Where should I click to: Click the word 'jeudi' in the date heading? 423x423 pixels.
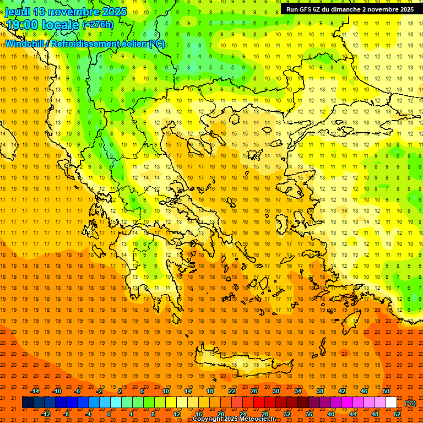[x=18, y=12]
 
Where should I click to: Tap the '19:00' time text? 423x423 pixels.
[x=21, y=25]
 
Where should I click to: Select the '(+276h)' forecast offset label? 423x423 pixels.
[x=98, y=25]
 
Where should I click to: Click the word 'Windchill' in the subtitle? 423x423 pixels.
[x=26, y=44]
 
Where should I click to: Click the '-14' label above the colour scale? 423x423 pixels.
[x=35, y=391]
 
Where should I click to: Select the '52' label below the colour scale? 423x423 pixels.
[x=397, y=414]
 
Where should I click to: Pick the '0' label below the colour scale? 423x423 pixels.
[x=109, y=414]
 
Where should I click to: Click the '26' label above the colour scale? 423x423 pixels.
[x=254, y=391]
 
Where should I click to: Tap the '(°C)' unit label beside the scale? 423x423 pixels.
[x=410, y=403]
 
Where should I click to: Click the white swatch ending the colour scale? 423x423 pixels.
[x=391, y=403]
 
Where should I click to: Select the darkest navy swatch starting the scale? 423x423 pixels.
[x=28, y=403]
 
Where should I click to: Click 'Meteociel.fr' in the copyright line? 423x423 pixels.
[x=257, y=419]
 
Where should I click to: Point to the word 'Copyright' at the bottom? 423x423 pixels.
[x=207, y=419]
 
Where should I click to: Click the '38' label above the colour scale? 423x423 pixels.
[x=320, y=391]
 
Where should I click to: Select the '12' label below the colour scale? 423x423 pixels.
[x=177, y=414]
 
